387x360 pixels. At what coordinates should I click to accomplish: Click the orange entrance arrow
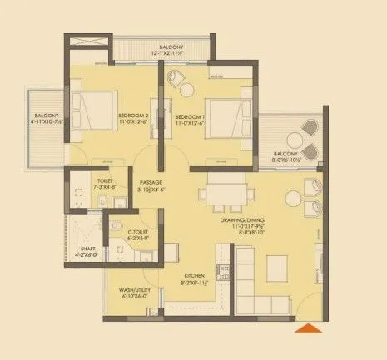coord(310,331)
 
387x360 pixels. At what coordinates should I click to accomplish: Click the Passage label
coord(151,181)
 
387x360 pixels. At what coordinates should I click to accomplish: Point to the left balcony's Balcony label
coord(45,116)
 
